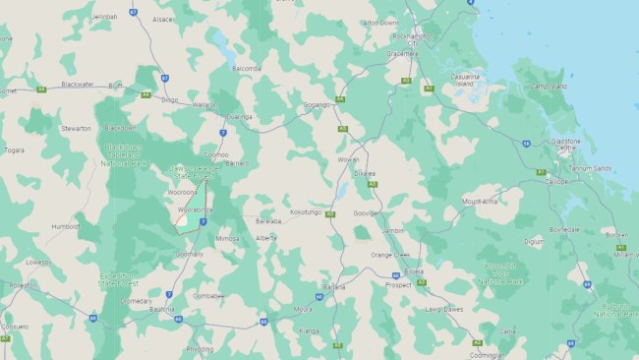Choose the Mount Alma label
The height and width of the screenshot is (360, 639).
[479, 201]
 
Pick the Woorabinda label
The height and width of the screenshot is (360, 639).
[195, 210]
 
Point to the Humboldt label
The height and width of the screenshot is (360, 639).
[66, 225]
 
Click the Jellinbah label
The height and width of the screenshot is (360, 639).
[103, 17]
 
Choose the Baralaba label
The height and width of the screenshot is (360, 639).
[268, 221]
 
